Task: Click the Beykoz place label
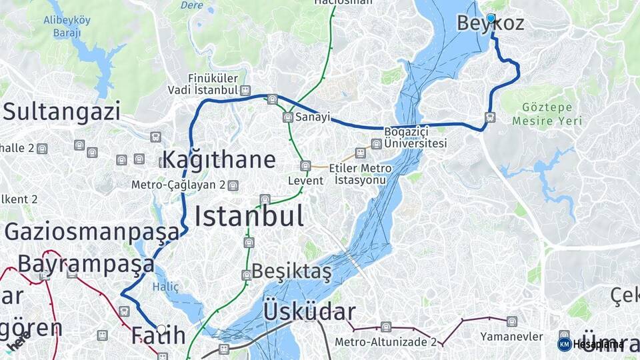(x=491, y=24)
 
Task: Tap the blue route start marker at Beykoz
(x=491, y=18)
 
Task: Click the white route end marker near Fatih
(x=161, y=329)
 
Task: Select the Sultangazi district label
(x=61, y=111)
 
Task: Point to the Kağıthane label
(x=218, y=160)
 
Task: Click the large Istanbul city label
(x=249, y=216)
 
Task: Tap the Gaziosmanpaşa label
(x=92, y=231)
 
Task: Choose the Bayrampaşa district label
(x=86, y=263)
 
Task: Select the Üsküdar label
(x=309, y=311)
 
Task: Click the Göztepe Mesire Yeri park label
(x=547, y=114)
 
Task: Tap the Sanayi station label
(x=313, y=117)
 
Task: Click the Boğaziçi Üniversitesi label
(x=415, y=138)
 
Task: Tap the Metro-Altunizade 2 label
(x=385, y=342)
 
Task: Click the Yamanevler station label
(x=511, y=336)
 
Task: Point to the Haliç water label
(x=166, y=287)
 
